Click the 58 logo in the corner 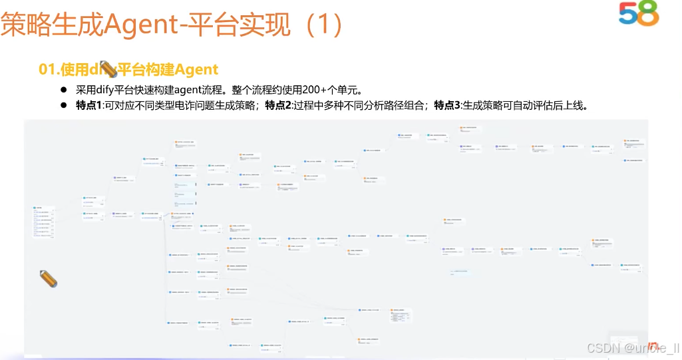(x=638, y=13)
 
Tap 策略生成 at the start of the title (x=53, y=26)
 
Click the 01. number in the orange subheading (x=49, y=69)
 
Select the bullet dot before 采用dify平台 (x=65, y=90)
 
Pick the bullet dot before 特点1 (x=65, y=105)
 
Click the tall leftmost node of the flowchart (x=43, y=222)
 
